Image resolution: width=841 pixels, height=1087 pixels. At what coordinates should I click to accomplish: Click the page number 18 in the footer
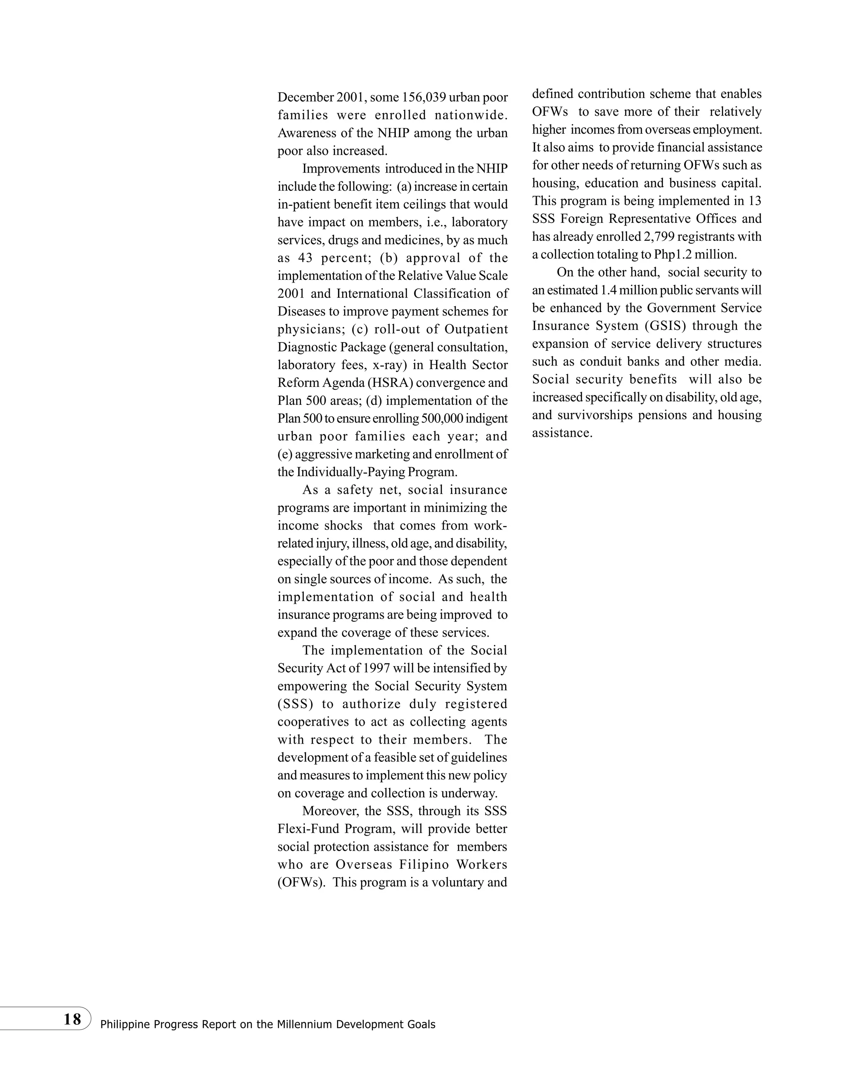72,1019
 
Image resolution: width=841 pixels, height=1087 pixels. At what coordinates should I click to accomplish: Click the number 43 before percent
306,258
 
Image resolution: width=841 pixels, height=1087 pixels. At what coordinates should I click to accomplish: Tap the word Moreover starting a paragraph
329,811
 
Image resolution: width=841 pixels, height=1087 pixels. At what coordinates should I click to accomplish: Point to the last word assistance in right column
562,433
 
